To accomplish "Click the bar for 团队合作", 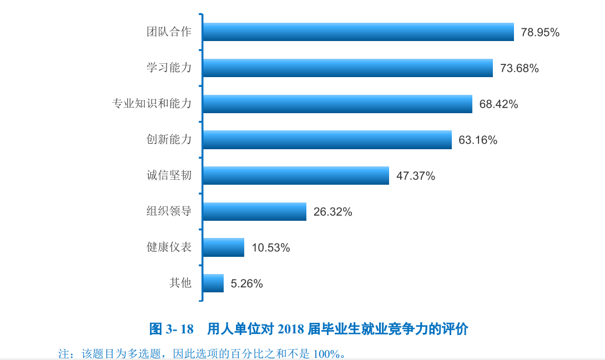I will (x=358, y=32).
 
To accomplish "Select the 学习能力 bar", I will (x=347, y=68).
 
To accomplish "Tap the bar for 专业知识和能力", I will (x=337, y=104).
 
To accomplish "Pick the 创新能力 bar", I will (x=327, y=140).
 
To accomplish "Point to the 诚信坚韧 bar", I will (x=295, y=176).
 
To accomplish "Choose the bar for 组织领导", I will (x=254, y=211).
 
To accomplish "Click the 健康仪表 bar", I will (x=223, y=247).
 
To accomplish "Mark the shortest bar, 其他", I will (x=213, y=283).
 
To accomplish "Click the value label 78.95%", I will (x=540, y=33).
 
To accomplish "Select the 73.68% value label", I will (x=520, y=69).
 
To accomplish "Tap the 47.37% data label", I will (x=416, y=176).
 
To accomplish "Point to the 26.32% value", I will (x=332, y=212).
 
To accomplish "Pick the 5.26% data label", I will (x=246, y=283).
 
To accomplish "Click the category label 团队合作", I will (x=169, y=32).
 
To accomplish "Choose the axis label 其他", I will (x=180, y=283).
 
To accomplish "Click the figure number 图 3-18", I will (x=172, y=329).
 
